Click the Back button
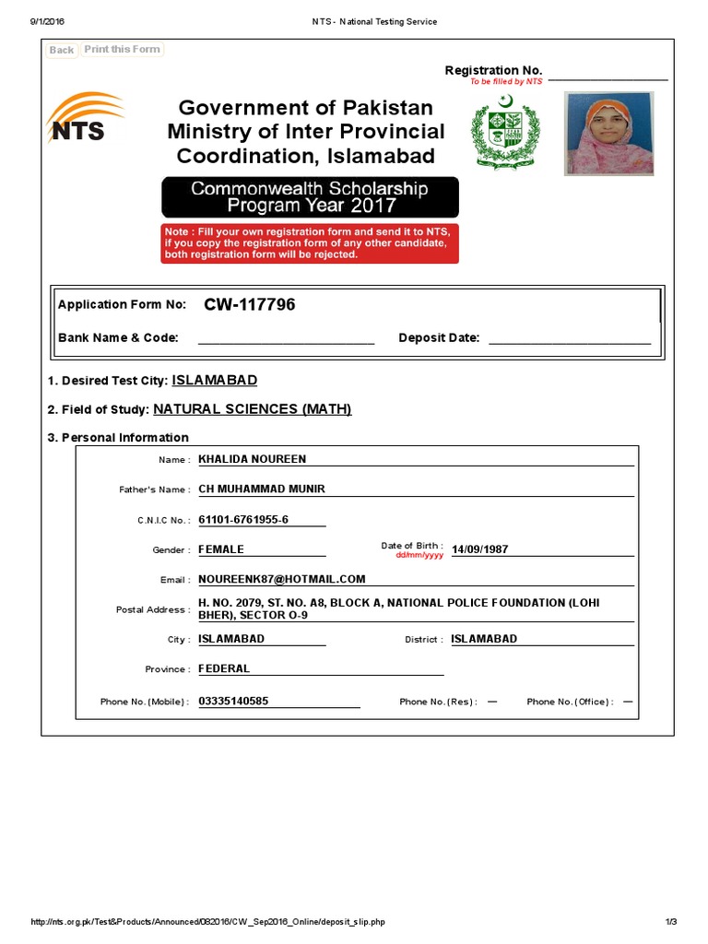pyautogui.click(x=62, y=50)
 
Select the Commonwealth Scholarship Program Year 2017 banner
pyautogui.click(x=310, y=196)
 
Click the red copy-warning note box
pyautogui.click(x=310, y=242)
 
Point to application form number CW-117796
pyautogui.click(x=243, y=305)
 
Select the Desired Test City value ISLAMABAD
pyautogui.click(x=215, y=380)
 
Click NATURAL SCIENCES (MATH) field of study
pyautogui.click(x=253, y=409)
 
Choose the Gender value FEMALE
pyautogui.click(x=221, y=549)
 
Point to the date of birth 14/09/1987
pyautogui.click(x=479, y=549)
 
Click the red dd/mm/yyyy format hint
pyautogui.click(x=419, y=556)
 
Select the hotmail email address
pyautogui.click(x=282, y=579)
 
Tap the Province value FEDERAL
pyautogui.click(x=224, y=668)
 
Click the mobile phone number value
pyautogui.click(x=233, y=701)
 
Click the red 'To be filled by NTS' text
pyautogui.click(x=506, y=82)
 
